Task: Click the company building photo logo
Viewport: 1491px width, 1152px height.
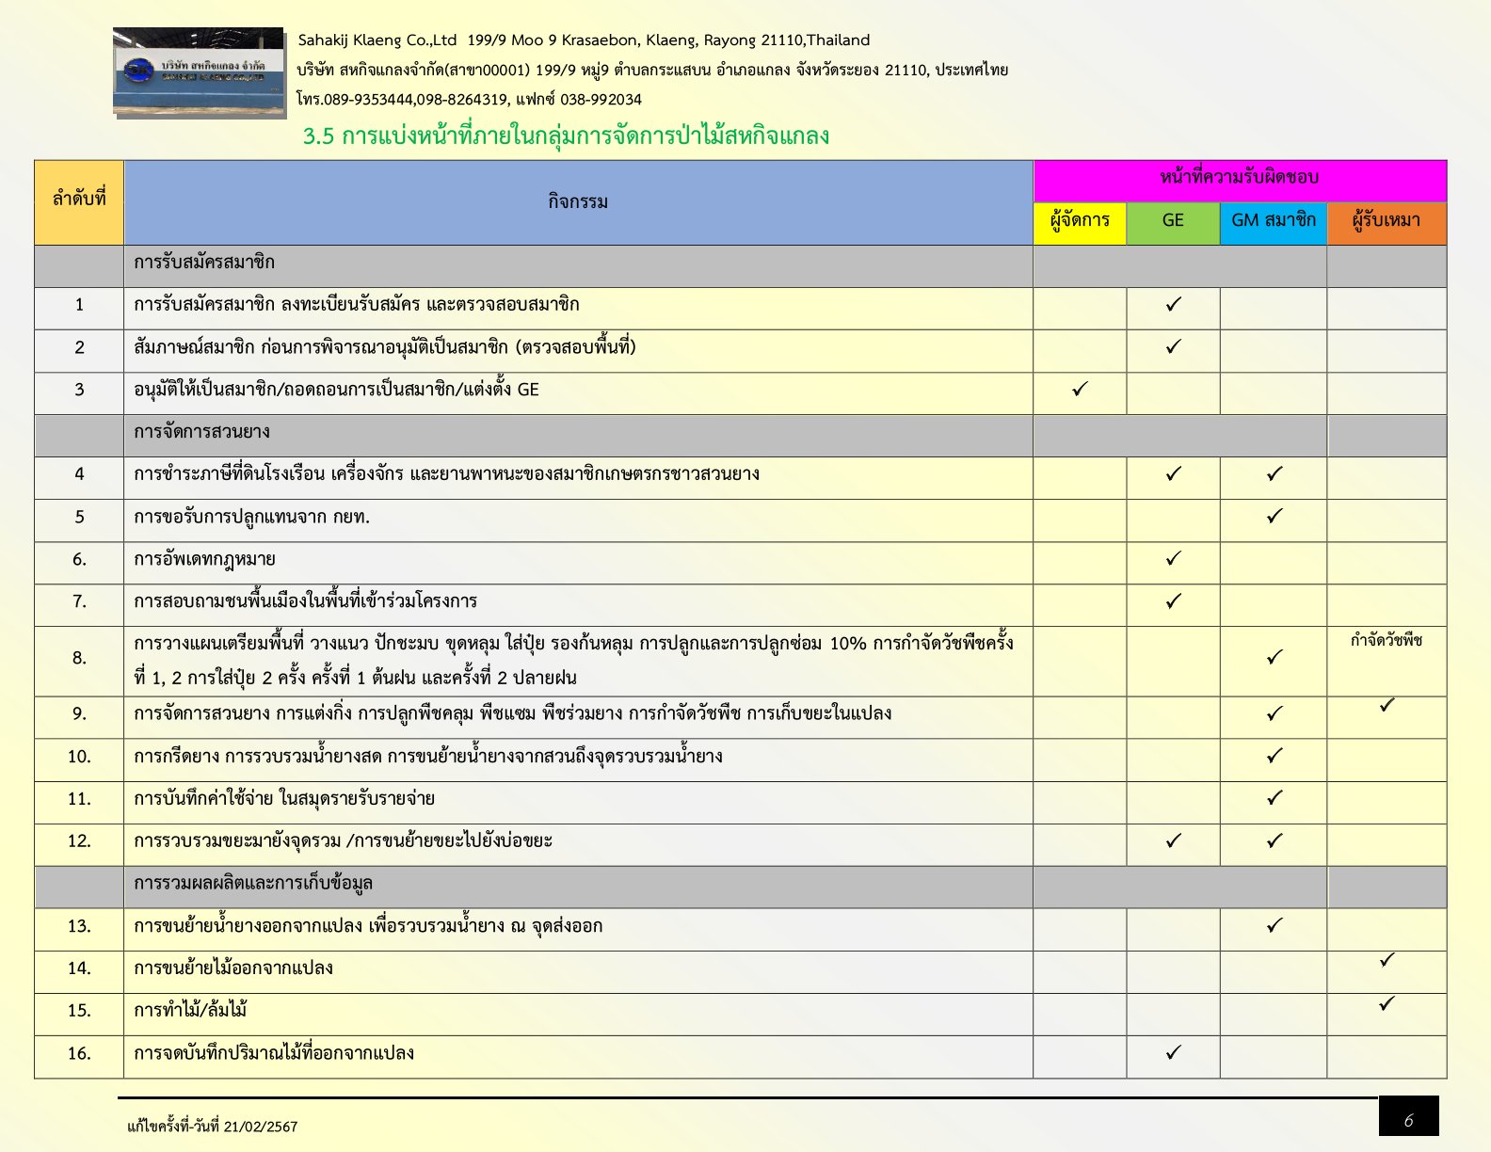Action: coord(199,72)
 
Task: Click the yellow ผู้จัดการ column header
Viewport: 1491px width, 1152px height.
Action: coord(1080,221)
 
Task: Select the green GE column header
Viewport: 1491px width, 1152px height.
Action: coord(1173,221)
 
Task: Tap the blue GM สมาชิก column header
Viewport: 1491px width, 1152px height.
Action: coord(1274,221)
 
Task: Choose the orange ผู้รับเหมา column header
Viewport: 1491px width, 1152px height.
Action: coord(1387,221)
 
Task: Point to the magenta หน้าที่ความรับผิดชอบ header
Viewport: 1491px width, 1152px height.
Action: coord(1239,178)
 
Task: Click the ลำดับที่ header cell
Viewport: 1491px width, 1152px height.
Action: coord(79,200)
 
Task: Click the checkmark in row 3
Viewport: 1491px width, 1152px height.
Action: coord(1080,389)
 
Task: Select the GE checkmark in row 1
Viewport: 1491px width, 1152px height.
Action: coord(1173,304)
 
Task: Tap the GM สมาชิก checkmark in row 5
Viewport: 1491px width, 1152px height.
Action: coord(1275,516)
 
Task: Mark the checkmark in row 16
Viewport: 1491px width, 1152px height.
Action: coord(1173,1052)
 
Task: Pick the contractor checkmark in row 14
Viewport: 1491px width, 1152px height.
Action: coord(1387,960)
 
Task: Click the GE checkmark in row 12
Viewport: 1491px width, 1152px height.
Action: coord(1173,840)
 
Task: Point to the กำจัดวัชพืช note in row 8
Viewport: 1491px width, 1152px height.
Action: coord(1387,641)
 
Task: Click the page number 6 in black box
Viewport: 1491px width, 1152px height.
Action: coord(1408,1120)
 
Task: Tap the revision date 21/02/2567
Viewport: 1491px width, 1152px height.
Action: coord(260,1127)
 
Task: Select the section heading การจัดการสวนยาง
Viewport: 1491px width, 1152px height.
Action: coord(201,432)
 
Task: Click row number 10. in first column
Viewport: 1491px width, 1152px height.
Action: coord(79,757)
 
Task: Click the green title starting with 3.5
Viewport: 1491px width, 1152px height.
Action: coord(566,136)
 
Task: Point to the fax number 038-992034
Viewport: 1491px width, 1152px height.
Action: coord(601,100)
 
